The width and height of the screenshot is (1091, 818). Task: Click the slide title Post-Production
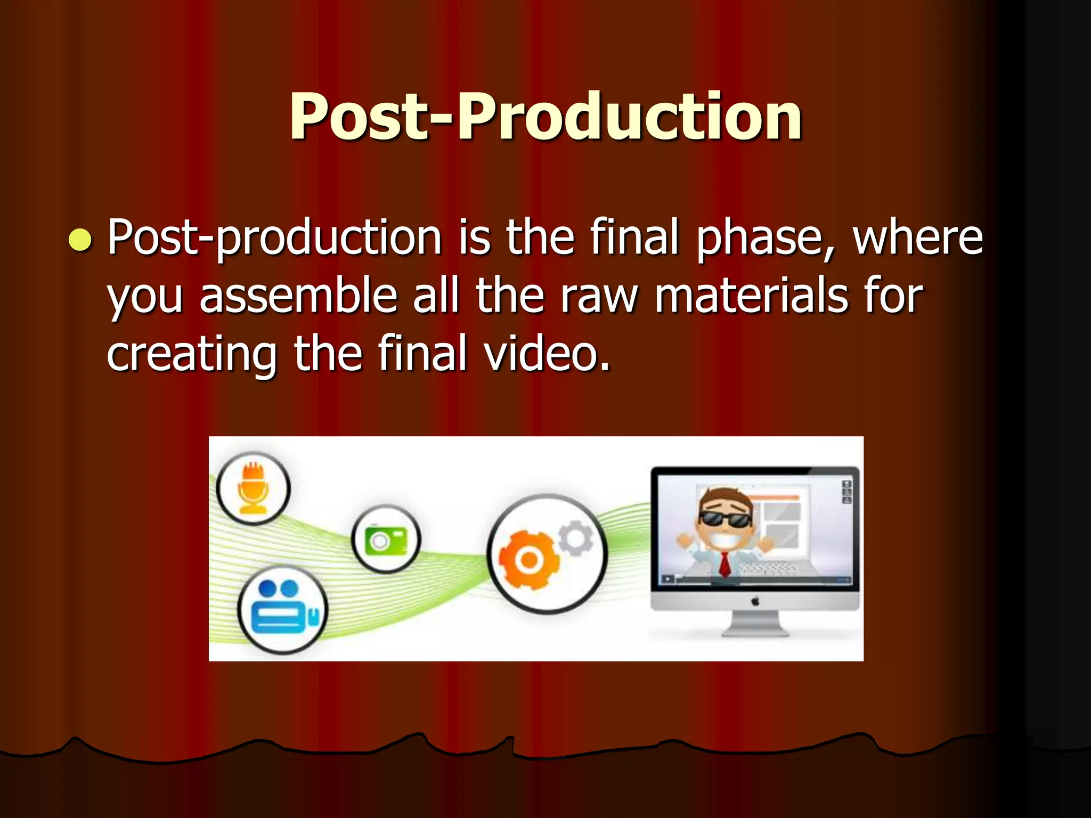point(545,116)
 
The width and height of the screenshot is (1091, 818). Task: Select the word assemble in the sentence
point(298,296)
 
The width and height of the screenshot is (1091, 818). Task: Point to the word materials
point(751,296)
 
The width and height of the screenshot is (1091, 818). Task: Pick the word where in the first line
point(917,238)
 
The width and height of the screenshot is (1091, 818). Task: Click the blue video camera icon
point(283,608)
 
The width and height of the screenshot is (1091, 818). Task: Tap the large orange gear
point(528,559)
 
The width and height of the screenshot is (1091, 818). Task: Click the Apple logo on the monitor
point(755,602)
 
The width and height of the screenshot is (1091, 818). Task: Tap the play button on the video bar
point(667,579)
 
